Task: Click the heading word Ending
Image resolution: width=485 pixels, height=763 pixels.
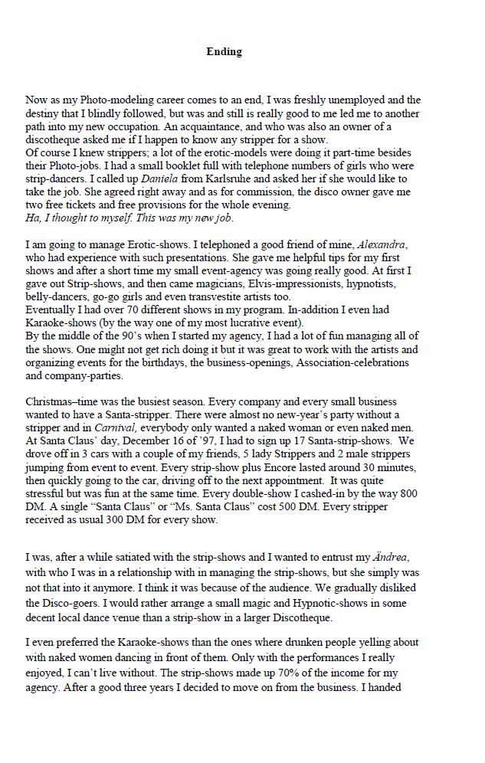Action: [224, 52]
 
